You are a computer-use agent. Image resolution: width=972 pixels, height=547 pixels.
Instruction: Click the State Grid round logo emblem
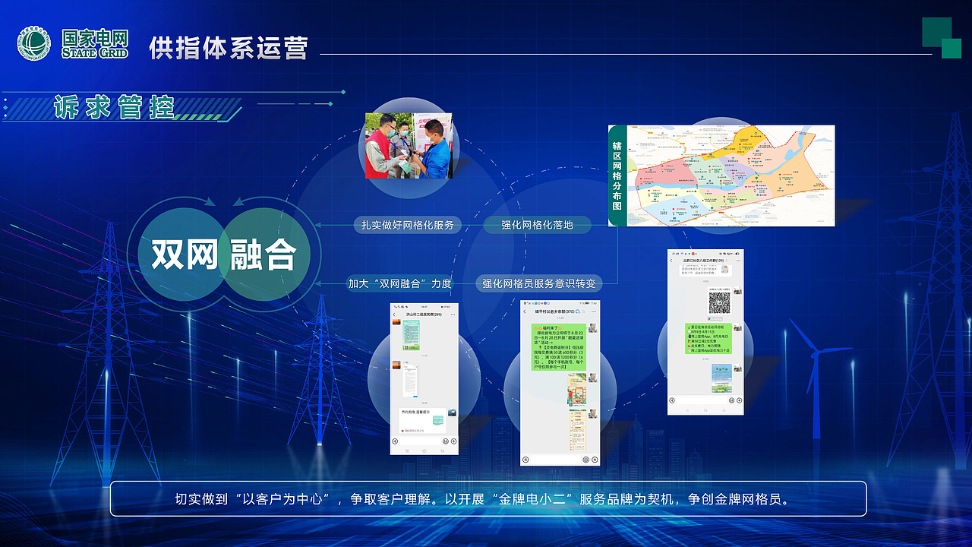[x=34, y=44]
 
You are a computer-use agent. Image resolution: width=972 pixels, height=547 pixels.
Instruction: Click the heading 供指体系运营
[x=229, y=48]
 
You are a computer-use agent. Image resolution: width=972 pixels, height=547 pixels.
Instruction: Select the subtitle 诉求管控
[x=114, y=107]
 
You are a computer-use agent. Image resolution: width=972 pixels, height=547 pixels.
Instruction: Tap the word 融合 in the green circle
[x=263, y=255]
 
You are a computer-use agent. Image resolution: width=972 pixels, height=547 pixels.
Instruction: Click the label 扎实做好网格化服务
[x=407, y=225]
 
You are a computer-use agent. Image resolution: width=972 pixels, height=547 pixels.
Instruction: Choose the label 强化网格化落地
[x=537, y=225]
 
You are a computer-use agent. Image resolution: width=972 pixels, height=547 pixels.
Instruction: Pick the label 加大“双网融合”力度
[x=399, y=283]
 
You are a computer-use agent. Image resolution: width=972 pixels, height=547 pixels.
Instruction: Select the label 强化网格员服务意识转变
[x=539, y=283]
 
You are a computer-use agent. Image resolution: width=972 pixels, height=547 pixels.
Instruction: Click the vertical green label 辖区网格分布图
[x=618, y=175]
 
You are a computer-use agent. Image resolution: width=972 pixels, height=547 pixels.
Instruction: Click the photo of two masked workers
[x=409, y=146]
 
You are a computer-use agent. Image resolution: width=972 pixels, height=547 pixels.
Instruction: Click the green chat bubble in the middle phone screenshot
[x=558, y=346]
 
